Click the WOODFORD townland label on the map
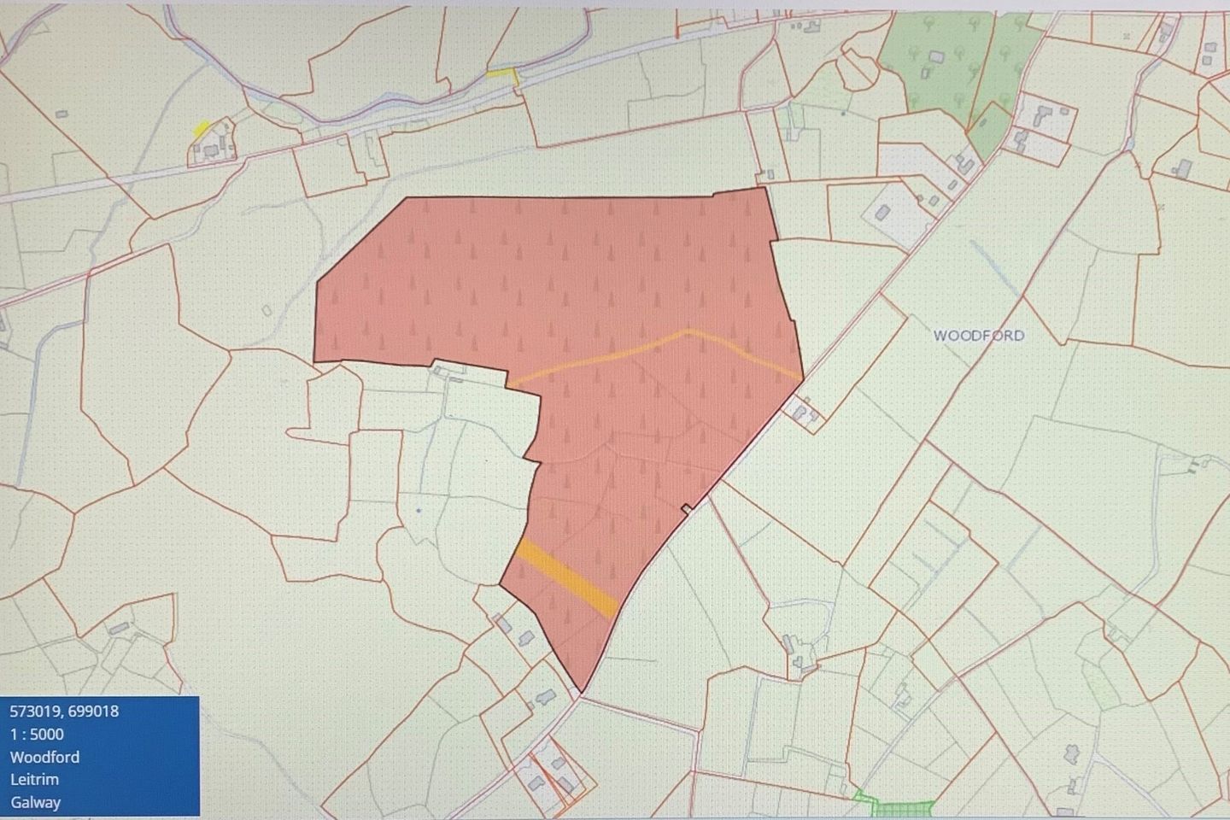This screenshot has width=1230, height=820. (x=978, y=336)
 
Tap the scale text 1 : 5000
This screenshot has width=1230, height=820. (x=37, y=734)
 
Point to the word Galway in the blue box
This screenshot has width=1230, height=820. (x=35, y=802)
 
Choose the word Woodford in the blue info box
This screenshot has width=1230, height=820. (x=44, y=757)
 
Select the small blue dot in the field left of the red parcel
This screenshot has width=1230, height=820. (x=419, y=510)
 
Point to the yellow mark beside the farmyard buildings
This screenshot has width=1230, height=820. (x=202, y=128)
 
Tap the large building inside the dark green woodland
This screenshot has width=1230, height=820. (x=936, y=57)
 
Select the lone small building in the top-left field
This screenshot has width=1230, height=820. (x=61, y=114)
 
